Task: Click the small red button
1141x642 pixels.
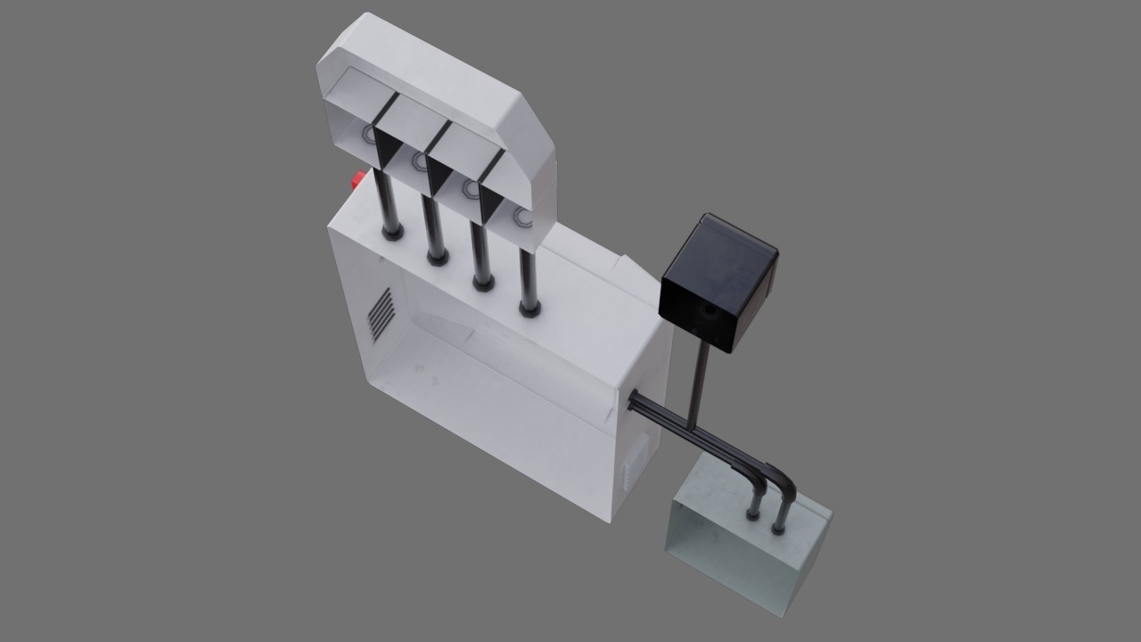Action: tap(358, 180)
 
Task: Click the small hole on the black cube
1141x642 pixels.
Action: tap(709, 313)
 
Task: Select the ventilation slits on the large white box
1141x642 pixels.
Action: tap(381, 315)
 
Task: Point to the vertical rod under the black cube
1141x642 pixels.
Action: tap(700, 383)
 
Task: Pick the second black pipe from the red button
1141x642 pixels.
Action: tap(432, 227)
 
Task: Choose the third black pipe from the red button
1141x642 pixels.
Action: tap(480, 253)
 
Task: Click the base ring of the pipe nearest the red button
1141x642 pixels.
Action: tap(392, 234)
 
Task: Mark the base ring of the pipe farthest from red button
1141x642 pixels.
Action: tap(529, 309)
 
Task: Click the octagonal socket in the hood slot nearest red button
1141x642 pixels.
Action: tap(368, 135)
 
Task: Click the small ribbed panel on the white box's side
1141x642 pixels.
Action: tap(632, 469)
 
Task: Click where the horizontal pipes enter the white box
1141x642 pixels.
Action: tap(635, 400)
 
